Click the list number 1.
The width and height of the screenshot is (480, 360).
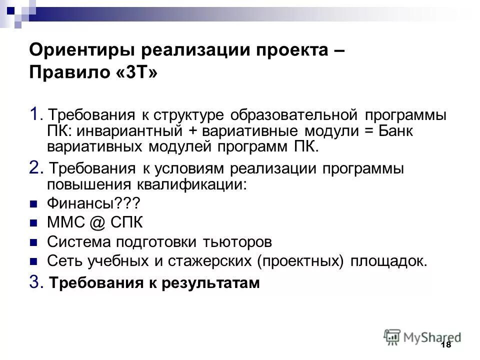point(34,114)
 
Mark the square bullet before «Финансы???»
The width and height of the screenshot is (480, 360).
point(34,204)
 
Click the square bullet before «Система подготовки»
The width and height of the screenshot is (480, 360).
point(34,242)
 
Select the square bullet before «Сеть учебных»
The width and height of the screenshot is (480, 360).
point(34,261)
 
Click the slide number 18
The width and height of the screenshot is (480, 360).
point(446,345)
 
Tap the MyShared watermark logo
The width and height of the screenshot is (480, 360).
point(422,337)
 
